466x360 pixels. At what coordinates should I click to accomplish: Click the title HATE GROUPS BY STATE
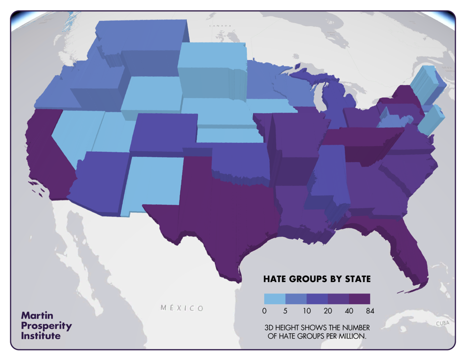click(x=317, y=279)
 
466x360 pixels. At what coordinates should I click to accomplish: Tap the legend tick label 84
click(x=370, y=311)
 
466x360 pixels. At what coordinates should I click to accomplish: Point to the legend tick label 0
click(x=264, y=311)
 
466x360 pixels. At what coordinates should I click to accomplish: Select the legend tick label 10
click(x=306, y=311)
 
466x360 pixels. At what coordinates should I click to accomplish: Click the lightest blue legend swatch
click(x=274, y=299)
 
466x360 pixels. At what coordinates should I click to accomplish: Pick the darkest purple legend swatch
click(x=359, y=299)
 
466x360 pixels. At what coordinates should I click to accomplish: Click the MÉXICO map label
click(x=182, y=308)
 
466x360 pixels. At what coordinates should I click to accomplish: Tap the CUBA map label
click(x=442, y=323)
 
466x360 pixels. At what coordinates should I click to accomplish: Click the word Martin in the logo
click(x=38, y=315)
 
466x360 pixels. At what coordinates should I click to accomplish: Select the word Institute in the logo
click(x=41, y=336)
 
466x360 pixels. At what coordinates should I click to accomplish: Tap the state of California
click(x=50, y=149)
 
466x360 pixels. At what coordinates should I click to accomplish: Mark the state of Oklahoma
click(x=238, y=159)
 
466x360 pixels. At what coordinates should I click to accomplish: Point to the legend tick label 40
click(x=349, y=311)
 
